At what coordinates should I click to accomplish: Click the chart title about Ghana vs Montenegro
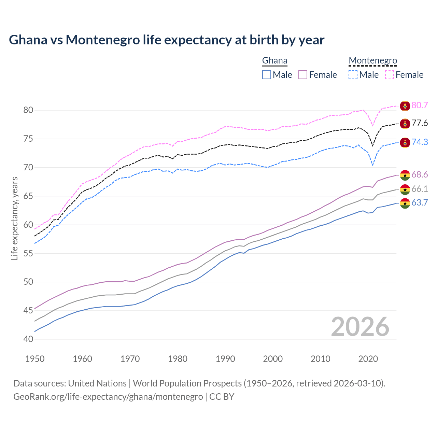click(167, 40)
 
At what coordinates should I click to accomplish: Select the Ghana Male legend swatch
click(267, 75)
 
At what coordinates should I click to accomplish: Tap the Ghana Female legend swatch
click(303, 75)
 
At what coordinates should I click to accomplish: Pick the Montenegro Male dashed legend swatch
click(353, 75)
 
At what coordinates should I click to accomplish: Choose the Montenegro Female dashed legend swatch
click(390, 75)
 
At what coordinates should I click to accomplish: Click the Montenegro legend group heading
click(373, 61)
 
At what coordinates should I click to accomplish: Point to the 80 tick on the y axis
click(28, 110)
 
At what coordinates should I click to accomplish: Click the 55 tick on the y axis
click(28, 253)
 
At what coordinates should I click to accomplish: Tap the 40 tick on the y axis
click(28, 339)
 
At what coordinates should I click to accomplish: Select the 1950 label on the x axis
click(35, 359)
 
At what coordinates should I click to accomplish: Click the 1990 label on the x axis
click(225, 359)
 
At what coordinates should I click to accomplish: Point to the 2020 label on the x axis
click(368, 359)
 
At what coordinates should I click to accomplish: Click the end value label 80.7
click(420, 105)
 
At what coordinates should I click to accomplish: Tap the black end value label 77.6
click(420, 123)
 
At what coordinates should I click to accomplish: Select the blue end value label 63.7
click(420, 203)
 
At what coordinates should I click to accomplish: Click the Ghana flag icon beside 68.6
click(405, 175)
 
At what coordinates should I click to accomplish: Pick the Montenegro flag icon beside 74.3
click(405, 143)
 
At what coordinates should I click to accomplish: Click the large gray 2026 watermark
click(360, 327)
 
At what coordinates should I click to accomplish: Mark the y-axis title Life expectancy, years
click(14, 218)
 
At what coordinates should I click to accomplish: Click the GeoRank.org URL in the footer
click(108, 397)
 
